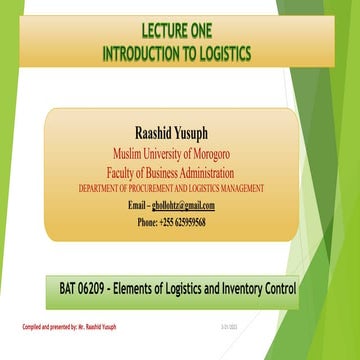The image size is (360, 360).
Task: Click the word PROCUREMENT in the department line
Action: tap(160, 188)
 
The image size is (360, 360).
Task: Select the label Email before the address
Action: tap(140, 205)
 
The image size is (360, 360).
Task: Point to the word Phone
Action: tap(147, 222)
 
